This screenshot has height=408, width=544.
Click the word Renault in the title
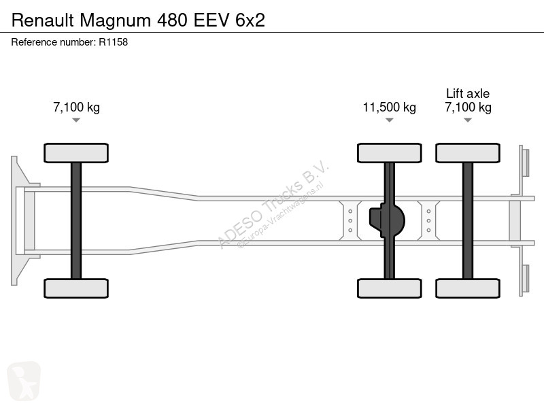(x=43, y=20)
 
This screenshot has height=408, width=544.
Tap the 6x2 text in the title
(x=250, y=20)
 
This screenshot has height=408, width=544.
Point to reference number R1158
(x=114, y=42)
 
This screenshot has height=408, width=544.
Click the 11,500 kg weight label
(x=389, y=107)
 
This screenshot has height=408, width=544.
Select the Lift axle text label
(x=468, y=93)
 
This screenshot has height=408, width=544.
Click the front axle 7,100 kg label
(x=76, y=107)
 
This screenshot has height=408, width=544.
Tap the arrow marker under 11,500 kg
(x=389, y=120)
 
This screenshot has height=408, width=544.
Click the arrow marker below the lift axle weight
(x=468, y=120)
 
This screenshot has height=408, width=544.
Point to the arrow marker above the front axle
(x=76, y=120)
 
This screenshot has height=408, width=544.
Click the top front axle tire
(x=76, y=153)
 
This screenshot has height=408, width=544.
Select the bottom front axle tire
(x=76, y=288)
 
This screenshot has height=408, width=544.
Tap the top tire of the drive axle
(x=389, y=153)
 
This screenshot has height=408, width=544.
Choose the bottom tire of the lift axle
(x=468, y=288)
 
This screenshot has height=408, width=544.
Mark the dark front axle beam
(x=76, y=220)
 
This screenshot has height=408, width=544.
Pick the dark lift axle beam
(x=468, y=220)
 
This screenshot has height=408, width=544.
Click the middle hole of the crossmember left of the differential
(x=350, y=220)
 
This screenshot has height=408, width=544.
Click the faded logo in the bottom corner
(x=24, y=381)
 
